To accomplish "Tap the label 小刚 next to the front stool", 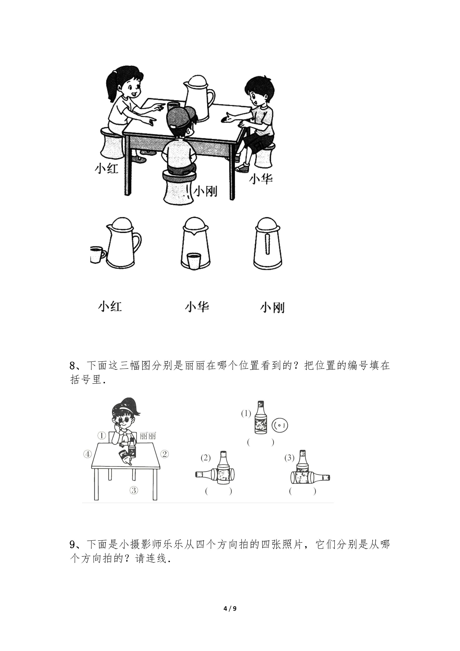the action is click(205, 191).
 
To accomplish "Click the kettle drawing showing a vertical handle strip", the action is click(268, 243).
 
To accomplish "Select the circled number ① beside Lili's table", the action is click(101, 436).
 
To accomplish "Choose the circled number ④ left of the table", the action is click(88, 454).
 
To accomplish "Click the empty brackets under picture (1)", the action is click(261, 442).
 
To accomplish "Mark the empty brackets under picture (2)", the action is click(218, 491).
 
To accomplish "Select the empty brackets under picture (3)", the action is click(302, 491).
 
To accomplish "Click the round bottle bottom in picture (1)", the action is click(280, 425).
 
